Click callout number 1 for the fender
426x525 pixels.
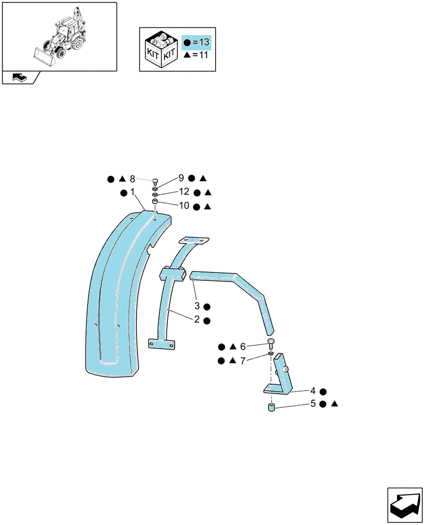coord(133,192)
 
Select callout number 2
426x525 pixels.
coord(197,319)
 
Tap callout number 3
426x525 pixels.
coord(197,306)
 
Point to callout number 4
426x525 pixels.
coord(313,391)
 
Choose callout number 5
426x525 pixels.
coord(313,403)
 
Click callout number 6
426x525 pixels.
coord(243,346)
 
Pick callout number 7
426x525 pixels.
coord(243,361)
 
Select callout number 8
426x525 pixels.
coord(133,179)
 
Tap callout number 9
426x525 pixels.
coord(182,178)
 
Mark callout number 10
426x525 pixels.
coord(184,206)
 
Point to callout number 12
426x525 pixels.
coord(184,192)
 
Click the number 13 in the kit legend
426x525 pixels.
coord(204,42)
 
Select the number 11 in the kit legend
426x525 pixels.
coord(204,55)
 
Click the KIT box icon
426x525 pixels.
coord(161,49)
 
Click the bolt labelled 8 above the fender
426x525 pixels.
coord(155,182)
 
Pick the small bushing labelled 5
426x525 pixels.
coord(271,408)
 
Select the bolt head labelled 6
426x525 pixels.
coord(271,342)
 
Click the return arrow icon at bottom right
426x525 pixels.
coord(405,505)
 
